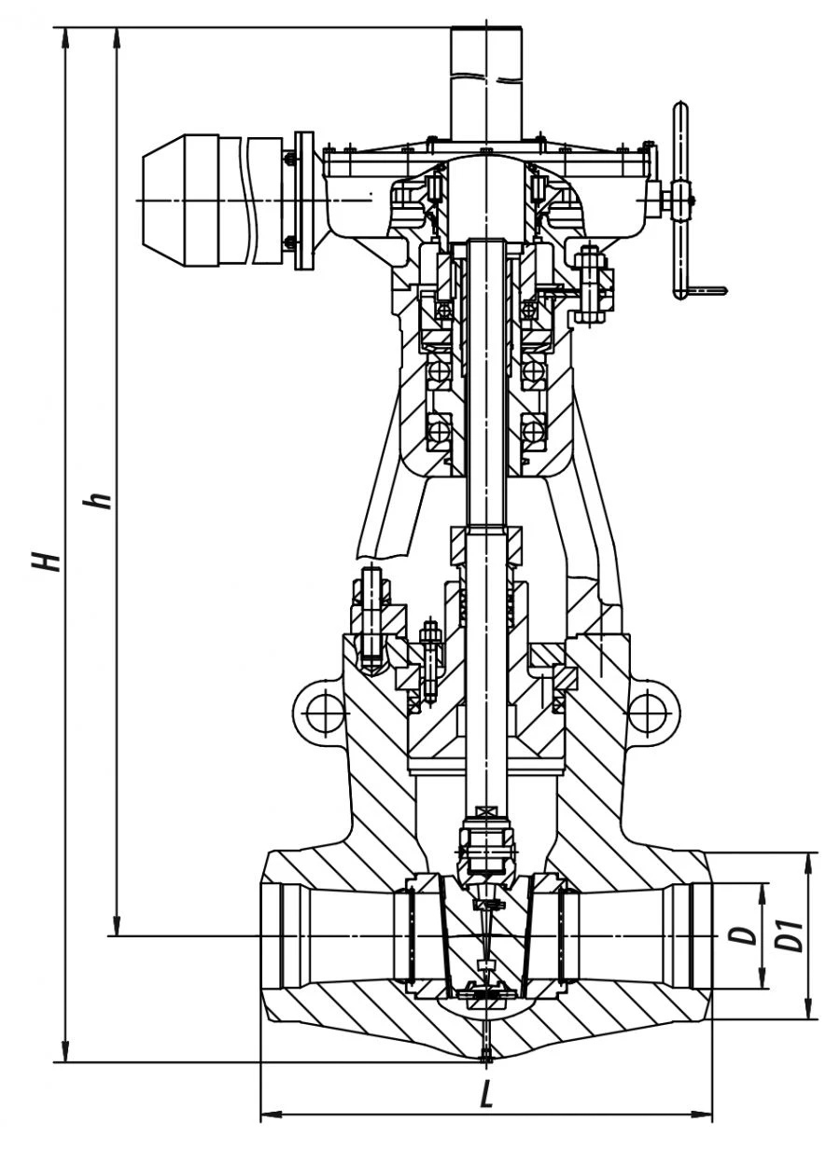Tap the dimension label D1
pos(791,935)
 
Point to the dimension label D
pos(744,935)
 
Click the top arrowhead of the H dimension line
pos(66,35)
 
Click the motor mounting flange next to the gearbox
pos(303,201)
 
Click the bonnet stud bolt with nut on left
pos(370,616)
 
